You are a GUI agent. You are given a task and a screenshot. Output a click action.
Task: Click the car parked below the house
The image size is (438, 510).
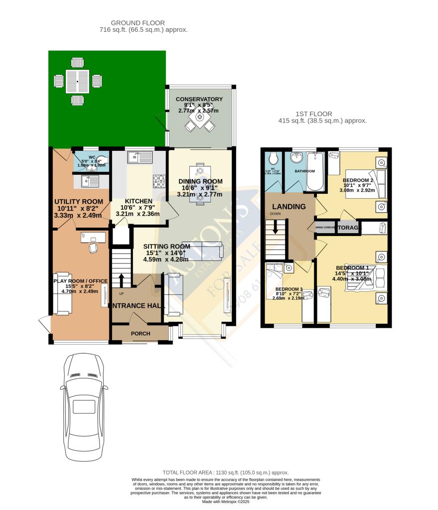pyautogui.click(x=84, y=407)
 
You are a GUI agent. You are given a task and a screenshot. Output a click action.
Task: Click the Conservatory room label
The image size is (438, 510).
pyautogui.click(x=199, y=99)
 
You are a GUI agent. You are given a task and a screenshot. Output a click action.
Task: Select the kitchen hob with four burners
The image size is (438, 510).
pyautogui.click(x=159, y=181)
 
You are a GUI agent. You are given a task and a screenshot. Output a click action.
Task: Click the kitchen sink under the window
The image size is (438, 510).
pyautogui.click(x=140, y=157)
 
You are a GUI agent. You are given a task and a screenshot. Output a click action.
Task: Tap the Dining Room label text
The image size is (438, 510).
pyautogui.click(x=200, y=181)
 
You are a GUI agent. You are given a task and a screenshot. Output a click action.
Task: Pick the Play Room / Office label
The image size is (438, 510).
pyautogui.click(x=80, y=281)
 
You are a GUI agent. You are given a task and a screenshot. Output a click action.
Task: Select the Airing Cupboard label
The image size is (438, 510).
pyautogui.click(x=324, y=228)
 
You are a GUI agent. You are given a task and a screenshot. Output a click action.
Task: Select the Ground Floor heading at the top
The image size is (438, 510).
pyautogui.click(x=138, y=23)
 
